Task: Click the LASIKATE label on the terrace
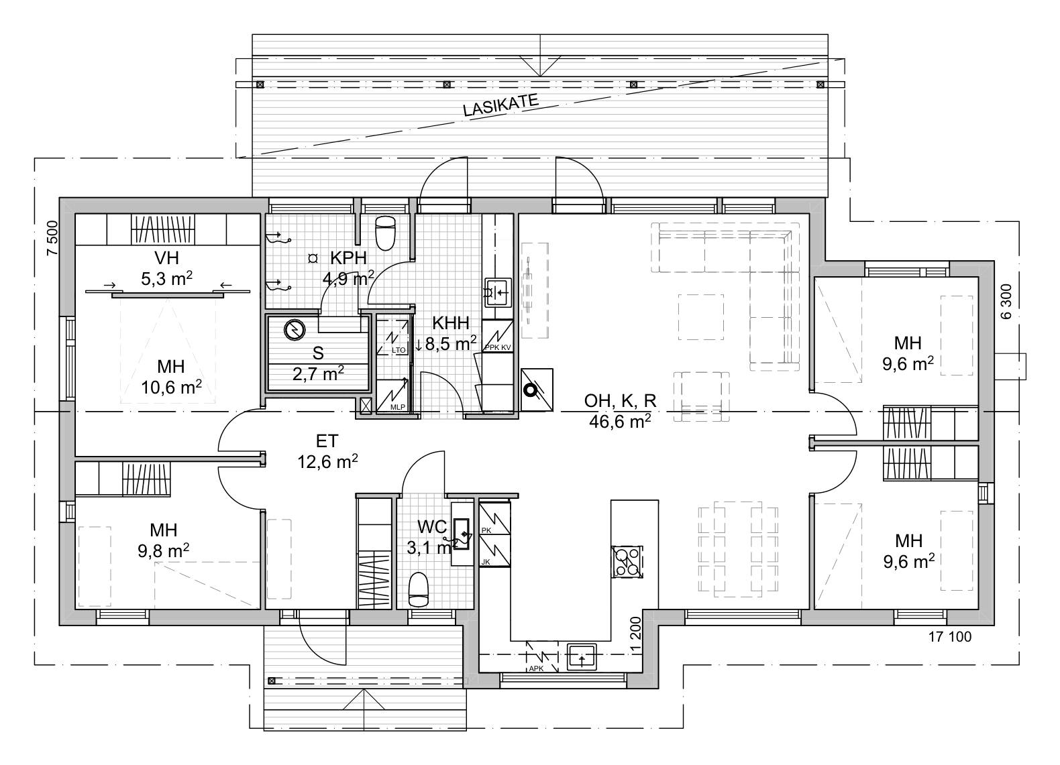click(500, 105)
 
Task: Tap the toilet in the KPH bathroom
click(385, 233)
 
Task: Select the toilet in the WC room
click(419, 589)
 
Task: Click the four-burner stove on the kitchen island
click(627, 562)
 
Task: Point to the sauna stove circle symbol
click(295, 330)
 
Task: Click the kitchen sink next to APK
click(582, 657)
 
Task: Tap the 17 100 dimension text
click(950, 637)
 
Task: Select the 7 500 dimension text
click(52, 238)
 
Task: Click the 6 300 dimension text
click(1006, 302)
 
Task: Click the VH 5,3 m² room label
click(166, 268)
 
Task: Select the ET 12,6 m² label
click(327, 451)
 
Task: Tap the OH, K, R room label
click(620, 401)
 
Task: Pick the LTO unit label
click(399, 351)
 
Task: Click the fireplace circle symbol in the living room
click(529, 390)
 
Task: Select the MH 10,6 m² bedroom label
click(171, 377)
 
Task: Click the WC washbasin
click(462, 534)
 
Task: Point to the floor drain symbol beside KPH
click(313, 259)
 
